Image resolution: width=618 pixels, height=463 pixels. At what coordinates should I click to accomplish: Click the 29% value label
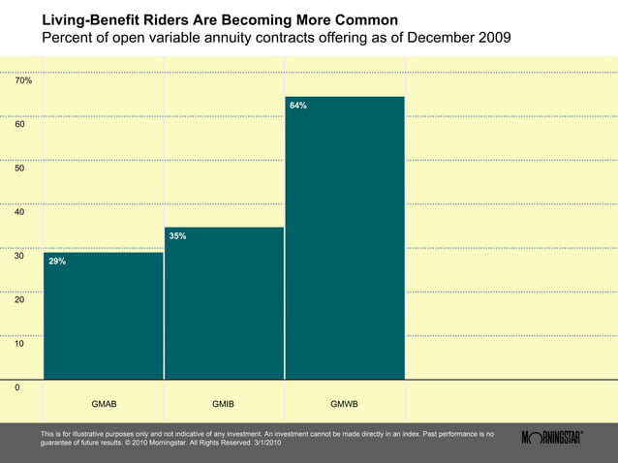coord(57,262)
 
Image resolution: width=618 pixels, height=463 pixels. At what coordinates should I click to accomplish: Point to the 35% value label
coord(177,235)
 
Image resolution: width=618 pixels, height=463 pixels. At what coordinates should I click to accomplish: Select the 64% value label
coord(298,105)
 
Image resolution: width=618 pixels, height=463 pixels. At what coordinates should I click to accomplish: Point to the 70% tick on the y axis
coord(23,80)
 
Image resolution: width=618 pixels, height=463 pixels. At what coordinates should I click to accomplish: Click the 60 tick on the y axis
coord(20,124)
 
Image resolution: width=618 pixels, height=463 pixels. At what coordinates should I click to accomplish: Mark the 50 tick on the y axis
coord(20,169)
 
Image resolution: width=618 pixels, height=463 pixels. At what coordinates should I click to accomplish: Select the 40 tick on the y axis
coord(20,212)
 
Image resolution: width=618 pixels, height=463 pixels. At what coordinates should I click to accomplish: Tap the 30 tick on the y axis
coord(20,256)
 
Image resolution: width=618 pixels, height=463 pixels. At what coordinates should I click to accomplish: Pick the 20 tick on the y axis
coord(20,300)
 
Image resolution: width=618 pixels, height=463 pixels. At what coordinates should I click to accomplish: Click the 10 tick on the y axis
coord(20,344)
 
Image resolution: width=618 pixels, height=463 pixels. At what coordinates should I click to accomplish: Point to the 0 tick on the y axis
coord(17,387)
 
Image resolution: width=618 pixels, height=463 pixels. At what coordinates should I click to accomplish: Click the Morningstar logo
coord(552,438)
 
